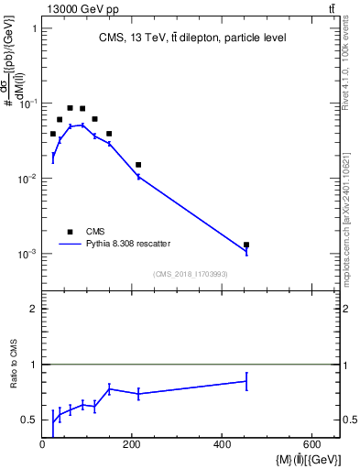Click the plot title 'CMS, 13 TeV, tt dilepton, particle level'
tap(191, 38)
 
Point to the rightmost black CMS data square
tap(246, 245)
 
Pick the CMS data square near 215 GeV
tap(138, 165)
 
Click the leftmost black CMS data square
tap(53, 134)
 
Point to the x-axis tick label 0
tap(43, 444)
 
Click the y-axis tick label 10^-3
tap(27, 254)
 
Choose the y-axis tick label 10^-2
tap(27, 179)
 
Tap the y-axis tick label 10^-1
tap(27, 104)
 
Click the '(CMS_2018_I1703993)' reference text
tap(191, 274)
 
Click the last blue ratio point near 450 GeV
tap(246, 381)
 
